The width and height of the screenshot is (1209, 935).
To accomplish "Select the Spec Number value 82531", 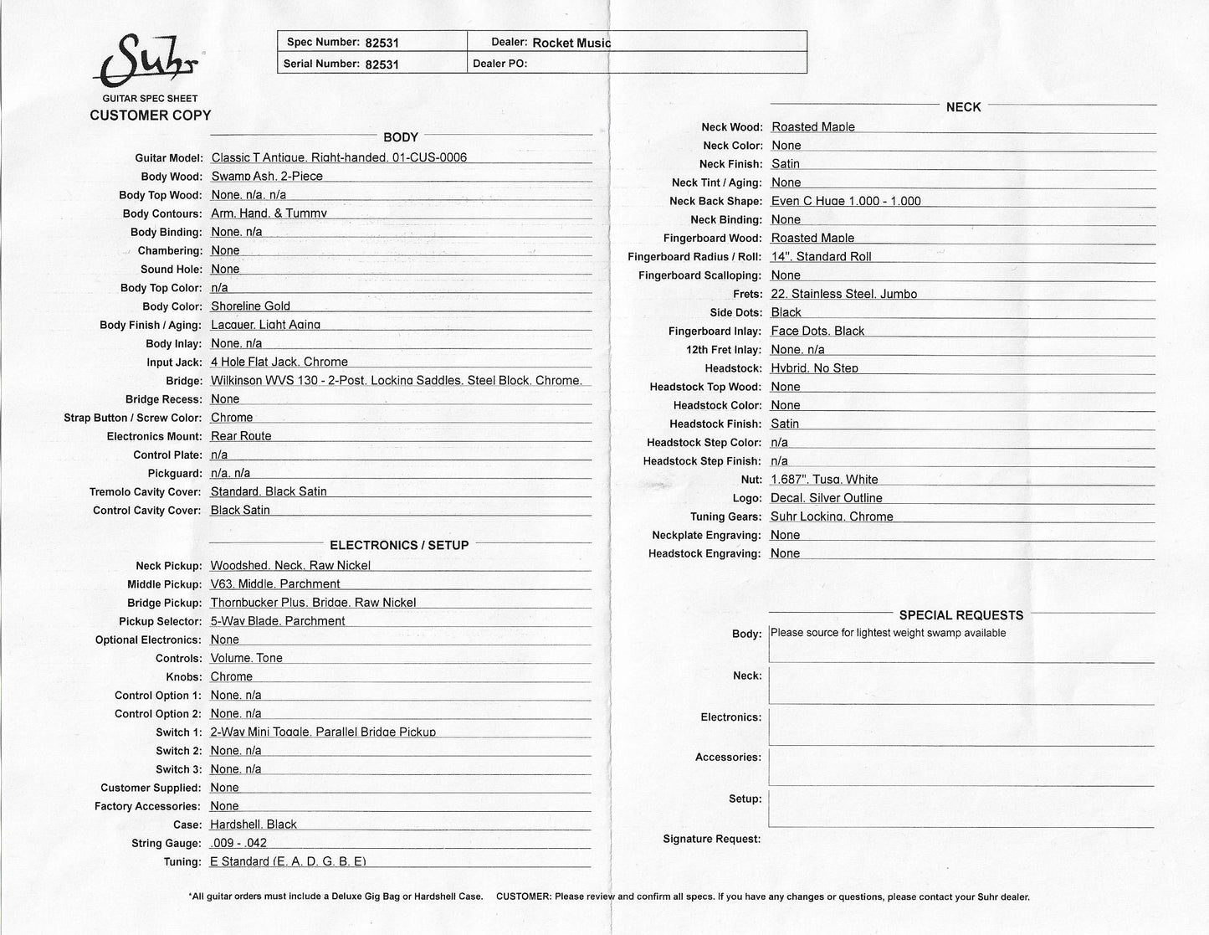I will [382, 43].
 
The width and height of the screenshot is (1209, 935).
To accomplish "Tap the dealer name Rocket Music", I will [571, 43].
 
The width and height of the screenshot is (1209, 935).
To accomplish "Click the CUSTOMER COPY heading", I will [151, 116].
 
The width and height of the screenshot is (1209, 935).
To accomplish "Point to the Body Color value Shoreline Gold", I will [250, 306].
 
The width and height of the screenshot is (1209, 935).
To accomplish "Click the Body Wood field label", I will [172, 177].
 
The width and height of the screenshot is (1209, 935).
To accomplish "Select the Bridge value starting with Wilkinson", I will [396, 380].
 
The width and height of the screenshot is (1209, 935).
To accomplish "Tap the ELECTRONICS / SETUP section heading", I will [399, 545].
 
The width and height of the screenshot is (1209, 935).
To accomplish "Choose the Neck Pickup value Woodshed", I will [290, 566].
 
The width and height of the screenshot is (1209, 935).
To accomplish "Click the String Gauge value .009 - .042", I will [238, 843].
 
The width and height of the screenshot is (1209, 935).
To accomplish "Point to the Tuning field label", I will [182, 862].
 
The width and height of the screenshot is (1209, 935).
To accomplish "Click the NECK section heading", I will [963, 107].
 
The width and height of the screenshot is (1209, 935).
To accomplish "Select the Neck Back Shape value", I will [846, 201].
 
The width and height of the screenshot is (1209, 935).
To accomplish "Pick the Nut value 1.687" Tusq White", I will [824, 480].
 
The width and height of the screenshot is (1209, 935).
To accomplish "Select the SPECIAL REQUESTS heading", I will [961, 615].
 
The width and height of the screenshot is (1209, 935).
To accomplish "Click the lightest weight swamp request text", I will [888, 633].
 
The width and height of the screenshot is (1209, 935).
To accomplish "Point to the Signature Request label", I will [711, 839].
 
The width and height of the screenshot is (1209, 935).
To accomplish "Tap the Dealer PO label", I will [499, 63].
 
